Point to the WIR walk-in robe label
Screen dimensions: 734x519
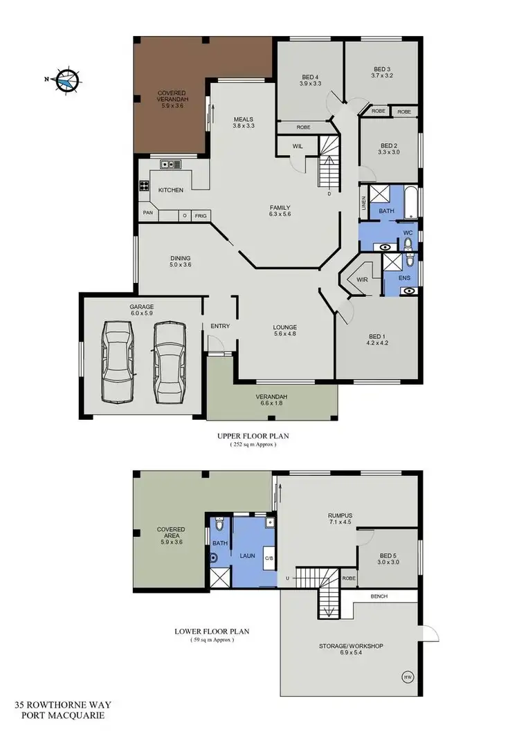(x=361, y=279)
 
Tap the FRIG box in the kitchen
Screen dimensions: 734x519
(x=200, y=215)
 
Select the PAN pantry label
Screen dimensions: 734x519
(x=147, y=212)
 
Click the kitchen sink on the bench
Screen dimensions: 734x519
(x=170, y=165)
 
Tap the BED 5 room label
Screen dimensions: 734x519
(x=388, y=558)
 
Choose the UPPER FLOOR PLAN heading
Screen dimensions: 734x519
(x=253, y=436)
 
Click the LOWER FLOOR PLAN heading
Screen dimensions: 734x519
(x=212, y=631)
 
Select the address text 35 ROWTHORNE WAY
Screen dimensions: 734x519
(x=66, y=704)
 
